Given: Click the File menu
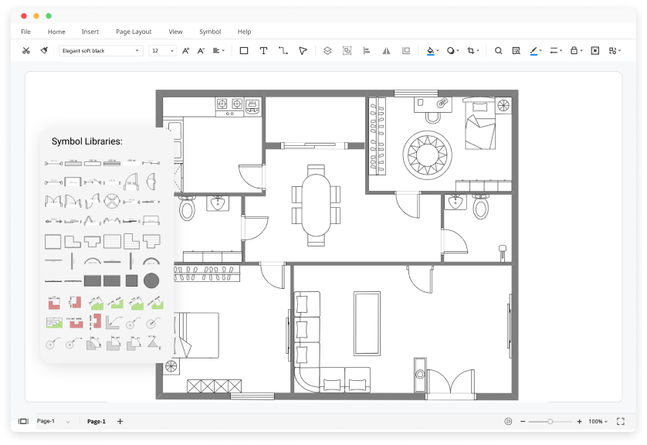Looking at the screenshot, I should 25,32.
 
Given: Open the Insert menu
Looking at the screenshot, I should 90,32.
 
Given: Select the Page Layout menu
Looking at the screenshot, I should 134,32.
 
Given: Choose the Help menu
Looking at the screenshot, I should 244,32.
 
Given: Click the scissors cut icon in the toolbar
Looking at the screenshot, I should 25,51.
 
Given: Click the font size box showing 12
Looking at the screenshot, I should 162,51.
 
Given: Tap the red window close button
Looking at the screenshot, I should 24,15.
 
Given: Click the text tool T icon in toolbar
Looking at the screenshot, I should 263,51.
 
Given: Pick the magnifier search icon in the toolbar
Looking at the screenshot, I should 498,51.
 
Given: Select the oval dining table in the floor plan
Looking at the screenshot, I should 315,205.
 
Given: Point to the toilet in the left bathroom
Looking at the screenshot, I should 187,208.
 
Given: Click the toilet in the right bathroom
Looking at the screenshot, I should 480,207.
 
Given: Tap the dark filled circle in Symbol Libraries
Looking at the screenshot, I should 151,280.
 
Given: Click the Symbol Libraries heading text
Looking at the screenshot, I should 87,141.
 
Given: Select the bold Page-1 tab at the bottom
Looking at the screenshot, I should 96,421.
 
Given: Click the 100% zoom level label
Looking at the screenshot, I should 595,421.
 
